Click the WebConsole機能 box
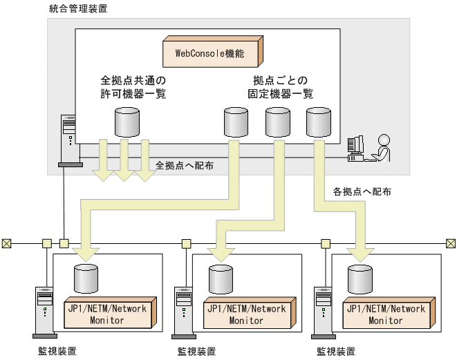pyautogui.click(x=213, y=52)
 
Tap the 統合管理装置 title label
pyautogui.click(x=78, y=8)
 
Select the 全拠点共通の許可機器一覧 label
pyautogui.click(x=133, y=87)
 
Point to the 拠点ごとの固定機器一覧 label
pyautogui.click(x=281, y=87)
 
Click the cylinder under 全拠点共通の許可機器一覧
pyautogui.click(x=127, y=122)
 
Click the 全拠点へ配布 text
pyautogui.click(x=185, y=165)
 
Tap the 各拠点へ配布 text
pyautogui.click(x=362, y=191)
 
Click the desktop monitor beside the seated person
pyautogui.click(x=355, y=148)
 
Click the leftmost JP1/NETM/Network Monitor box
pyautogui.click(x=110, y=312)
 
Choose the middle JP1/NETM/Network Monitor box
pyautogui.click(x=250, y=312)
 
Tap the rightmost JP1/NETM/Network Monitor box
pyautogui.click(x=389, y=312)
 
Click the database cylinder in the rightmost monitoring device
pyautogui.click(x=360, y=279)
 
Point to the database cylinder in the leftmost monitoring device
pyautogui.click(x=86, y=278)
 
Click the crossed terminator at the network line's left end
pyautogui.click(x=6, y=243)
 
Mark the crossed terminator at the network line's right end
pyautogui.click(x=451, y=243)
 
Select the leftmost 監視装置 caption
pyautogui.click(x=57, y=351)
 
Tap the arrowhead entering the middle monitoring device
pyautogui.click(x=221, y=254)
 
